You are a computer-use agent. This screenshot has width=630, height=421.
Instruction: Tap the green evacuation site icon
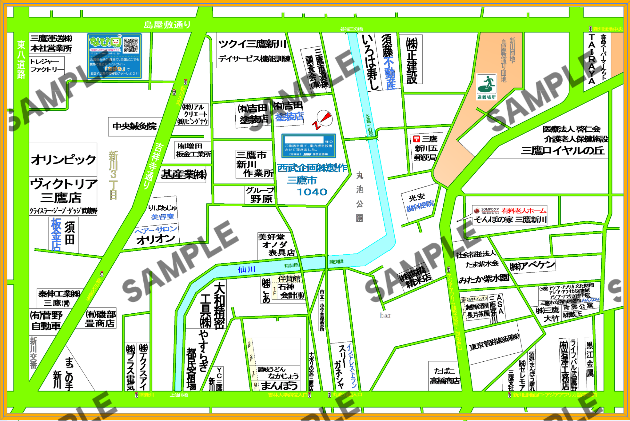(486, 84)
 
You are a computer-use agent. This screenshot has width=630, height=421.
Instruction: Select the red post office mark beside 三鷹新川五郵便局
(417, 139)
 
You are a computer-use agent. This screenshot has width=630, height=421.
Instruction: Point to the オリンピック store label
(63, 160)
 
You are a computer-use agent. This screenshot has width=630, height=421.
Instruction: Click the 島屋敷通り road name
(167, 25)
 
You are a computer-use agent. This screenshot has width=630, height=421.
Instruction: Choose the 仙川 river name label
(246, 270)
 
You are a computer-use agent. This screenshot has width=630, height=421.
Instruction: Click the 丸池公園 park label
(360, 197)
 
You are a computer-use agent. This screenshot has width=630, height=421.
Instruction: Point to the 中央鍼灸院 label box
(135, 126)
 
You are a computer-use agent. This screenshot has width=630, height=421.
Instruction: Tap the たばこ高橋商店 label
(445, 376)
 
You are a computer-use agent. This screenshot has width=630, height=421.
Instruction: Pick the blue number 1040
(312, 192)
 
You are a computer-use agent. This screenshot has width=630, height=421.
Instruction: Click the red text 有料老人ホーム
(524, 211)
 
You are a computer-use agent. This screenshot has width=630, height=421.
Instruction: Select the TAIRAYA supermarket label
(592, 59)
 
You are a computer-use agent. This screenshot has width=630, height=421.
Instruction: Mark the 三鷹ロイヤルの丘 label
(563, 151)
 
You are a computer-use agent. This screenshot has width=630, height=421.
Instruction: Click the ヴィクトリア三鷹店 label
(63, 191)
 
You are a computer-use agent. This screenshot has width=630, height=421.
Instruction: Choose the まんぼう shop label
(279, 385)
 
